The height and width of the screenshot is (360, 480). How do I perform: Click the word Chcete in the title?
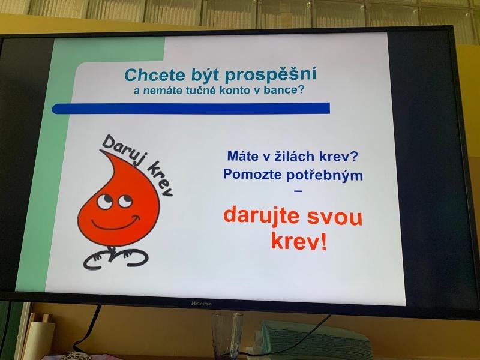point(155,76)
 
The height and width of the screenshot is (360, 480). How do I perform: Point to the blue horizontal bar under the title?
point(191,109)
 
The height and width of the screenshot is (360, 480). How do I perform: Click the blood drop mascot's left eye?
point(104,202)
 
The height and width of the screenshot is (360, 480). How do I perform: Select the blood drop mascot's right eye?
point(125,200)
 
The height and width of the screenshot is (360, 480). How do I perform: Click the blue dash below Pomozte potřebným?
point(298,191)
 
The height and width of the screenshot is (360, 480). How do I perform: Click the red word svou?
point(335,218)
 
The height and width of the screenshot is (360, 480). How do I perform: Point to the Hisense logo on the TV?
point(202,304)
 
